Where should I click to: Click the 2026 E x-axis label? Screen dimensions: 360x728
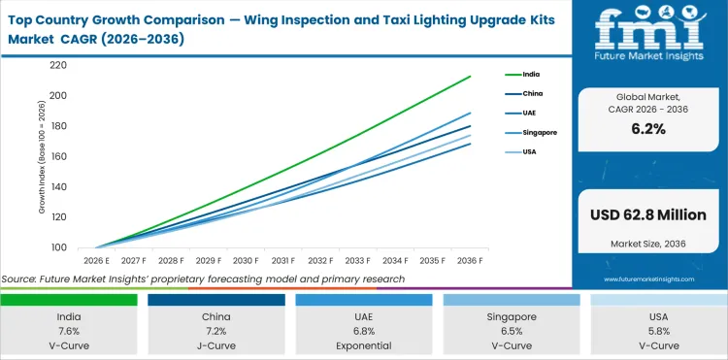pos(96,261)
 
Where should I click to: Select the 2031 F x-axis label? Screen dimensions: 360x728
pos(283,261)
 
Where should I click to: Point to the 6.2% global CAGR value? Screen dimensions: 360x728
pos(648,128)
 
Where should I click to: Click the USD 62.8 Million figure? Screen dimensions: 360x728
pos(648,213)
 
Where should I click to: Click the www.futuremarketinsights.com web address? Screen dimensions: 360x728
pos(649,278)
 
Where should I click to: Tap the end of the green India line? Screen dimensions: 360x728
pos(471,76)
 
